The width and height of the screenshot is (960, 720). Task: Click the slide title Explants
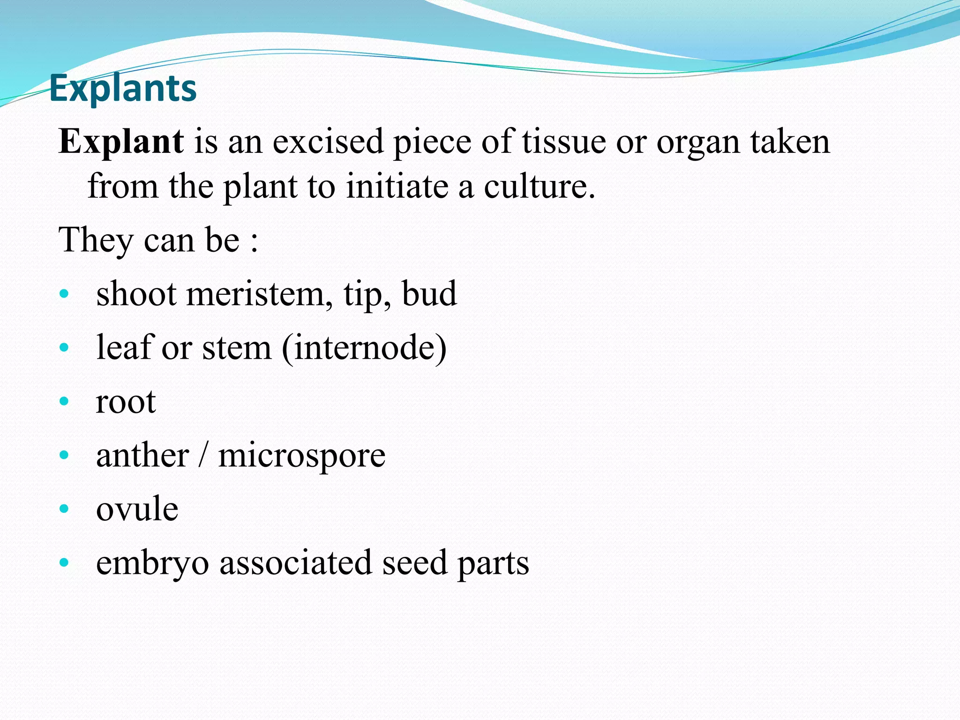[x=123, y=88]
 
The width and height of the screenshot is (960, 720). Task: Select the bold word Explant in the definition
[x=121, y=142]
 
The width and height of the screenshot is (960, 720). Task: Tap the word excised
[x=328, y=142]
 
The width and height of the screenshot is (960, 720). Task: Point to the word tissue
[x=564, y=142]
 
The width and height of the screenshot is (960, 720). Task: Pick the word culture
[x=539, y=187]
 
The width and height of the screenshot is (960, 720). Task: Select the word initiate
[x=397, y=187]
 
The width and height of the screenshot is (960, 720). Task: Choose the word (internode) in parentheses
[x=364, y=348]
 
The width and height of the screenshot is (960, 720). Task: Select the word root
[x=126, y=402]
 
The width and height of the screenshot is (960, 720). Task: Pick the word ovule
[x=137, y=509]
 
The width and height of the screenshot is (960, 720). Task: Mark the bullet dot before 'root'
[x=65, y=401]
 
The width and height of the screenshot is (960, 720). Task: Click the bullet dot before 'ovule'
[x=65, y=509]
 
